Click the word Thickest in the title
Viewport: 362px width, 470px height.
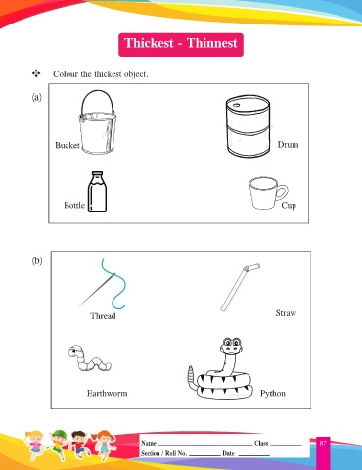(x=149, y=43)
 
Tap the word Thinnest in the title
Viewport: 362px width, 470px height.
(x=212, y=43)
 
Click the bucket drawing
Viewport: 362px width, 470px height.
(x=97, y=122)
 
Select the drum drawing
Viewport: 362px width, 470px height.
(x=248, y=127)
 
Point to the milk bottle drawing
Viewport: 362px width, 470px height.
(x=97, y=192)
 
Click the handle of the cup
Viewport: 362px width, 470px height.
(x=283, y=192)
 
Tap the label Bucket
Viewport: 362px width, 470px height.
(x=68, y=145)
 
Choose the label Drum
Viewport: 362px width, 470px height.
(x=288, y=144)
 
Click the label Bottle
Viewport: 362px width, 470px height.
(x=74, y=205)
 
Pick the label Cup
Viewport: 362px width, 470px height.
(x=289, y=206)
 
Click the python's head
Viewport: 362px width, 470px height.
(x=231, y=346)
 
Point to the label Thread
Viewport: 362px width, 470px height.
(x=103, y=316)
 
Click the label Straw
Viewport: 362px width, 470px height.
(x=286, y=313)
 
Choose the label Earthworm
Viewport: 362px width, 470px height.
(x=108, y=393)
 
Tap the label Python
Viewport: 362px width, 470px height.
(x=273, y=394)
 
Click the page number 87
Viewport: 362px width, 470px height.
(x=323, y=443)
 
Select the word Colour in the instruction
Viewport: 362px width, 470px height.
(x=66, y=74)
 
